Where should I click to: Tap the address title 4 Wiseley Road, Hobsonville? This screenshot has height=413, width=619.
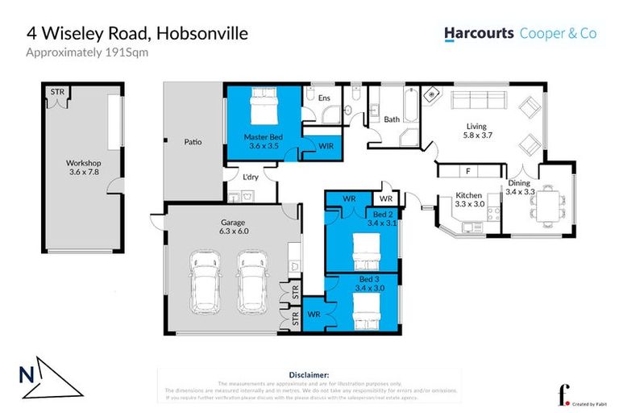pyautogui.click(x=137, y=33)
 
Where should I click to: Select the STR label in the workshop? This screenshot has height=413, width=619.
pyautogui.click(x=57, y=93)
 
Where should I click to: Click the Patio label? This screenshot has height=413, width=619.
pyautogui.click(x=192, y=143)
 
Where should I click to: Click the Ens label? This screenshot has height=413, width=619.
pyautogui.click(x=324, y=99)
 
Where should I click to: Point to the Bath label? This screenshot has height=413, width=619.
pyautogui.click(x=392, y=119)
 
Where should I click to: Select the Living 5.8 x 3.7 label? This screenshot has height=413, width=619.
pyautogui.click(x=476, y=131)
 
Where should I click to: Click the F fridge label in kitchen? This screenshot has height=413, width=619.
pyautogui.click(x=467, y=171)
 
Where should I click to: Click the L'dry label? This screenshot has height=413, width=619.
pyautogui.click(x=249, y=176)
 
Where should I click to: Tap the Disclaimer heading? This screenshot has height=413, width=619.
pyautogui.click(x=309, y=375)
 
